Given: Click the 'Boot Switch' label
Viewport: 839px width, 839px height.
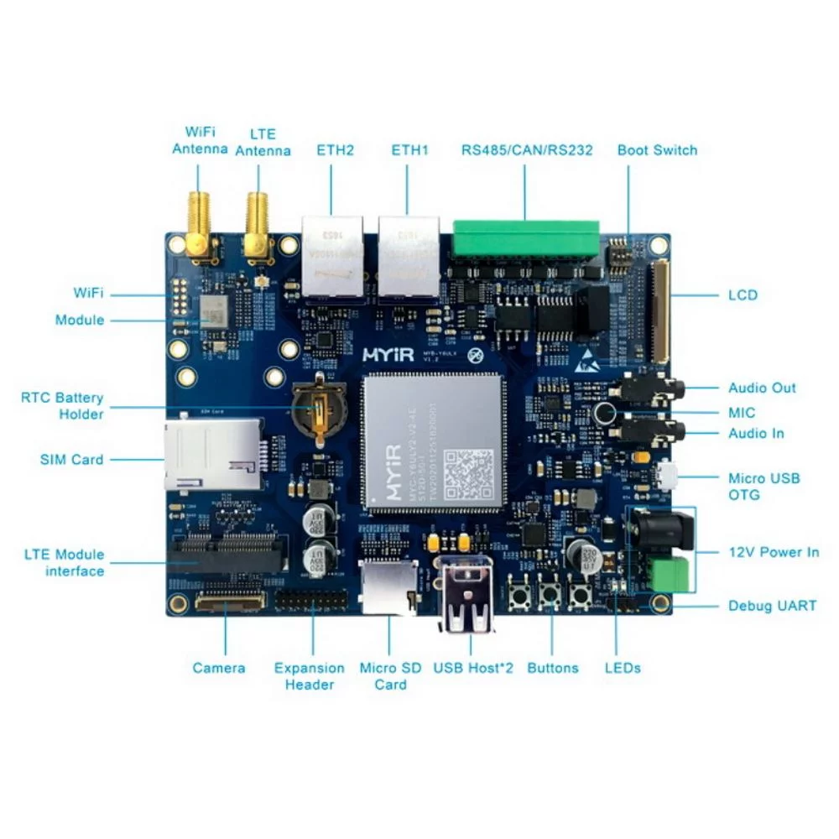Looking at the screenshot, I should [657, 150].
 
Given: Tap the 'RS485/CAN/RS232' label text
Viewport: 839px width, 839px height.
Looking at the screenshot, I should [527, 150].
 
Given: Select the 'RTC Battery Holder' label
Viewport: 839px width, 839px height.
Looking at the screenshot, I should [62, 405].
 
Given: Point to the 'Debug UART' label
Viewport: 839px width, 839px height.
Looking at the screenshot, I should [772, 605].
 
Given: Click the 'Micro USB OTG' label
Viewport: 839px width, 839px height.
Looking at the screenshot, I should [763, 487].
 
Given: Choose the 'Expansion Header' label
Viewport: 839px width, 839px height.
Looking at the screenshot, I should [309, 676].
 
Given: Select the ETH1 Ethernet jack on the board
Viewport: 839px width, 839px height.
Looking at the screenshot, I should [409, 256].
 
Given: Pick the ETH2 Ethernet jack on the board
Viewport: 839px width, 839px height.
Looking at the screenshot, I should [331, 256].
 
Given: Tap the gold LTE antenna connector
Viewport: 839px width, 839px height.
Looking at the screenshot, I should [255, 227].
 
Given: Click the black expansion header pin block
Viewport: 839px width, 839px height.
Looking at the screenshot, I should [311, 601].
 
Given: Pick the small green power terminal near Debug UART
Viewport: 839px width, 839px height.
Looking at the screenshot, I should [669, 574].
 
